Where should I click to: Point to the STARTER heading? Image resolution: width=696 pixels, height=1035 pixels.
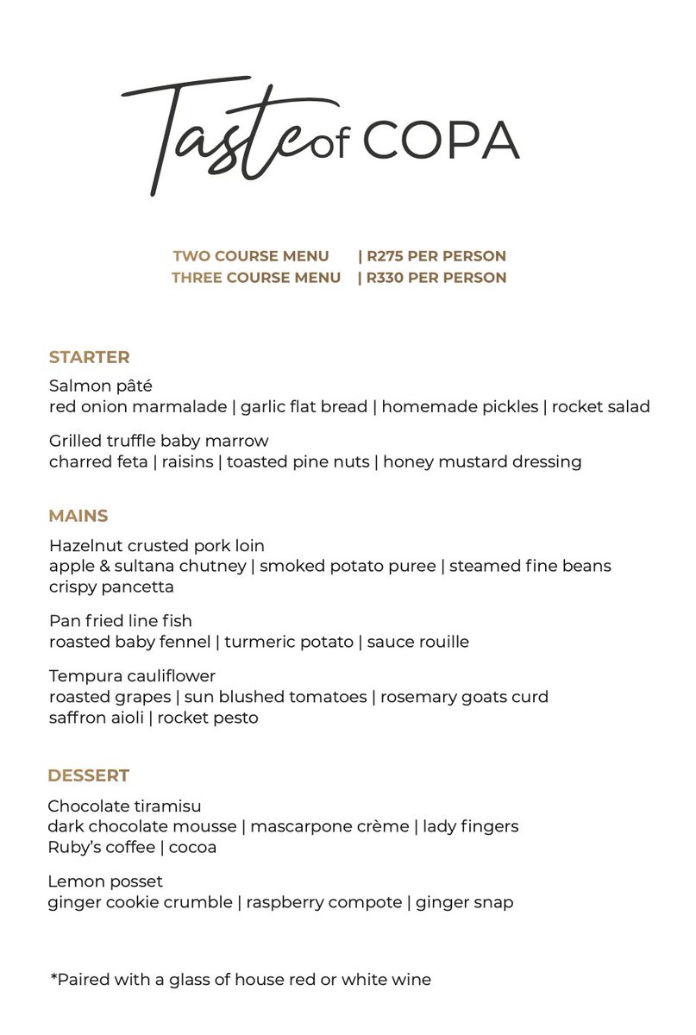click(x=89, y=357)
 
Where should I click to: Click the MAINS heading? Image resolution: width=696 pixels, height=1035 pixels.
click(x=78, y=517)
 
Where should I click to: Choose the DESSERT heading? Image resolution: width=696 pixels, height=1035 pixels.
click(x=88, y=775)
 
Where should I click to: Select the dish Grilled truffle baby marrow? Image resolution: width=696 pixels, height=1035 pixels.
click(x=159, y=442)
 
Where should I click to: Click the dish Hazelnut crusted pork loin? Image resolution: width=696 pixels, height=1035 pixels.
click(x=156, y=546)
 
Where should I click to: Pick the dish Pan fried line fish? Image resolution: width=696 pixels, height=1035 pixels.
click(x=120, y=621)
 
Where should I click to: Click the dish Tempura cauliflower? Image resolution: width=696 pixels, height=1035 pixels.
click(x=132, y=676)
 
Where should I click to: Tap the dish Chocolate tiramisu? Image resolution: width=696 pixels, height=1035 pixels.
click(x=124, y=806)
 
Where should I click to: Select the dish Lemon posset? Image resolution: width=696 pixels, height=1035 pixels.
click(x=105, y=881)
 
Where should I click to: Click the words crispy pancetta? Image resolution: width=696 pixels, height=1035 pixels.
click(x=111, y=587)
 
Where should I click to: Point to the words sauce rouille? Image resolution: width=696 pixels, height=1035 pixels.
click(x=418, y=643)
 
